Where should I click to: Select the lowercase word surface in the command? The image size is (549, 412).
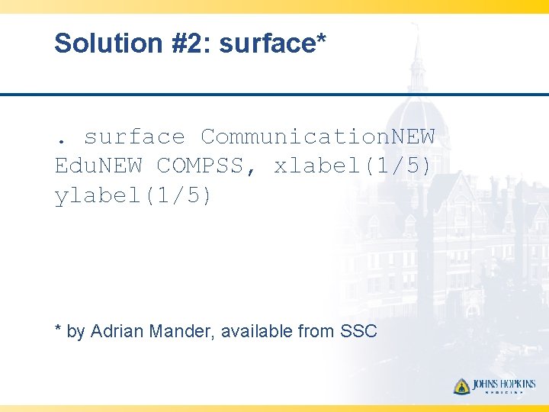[134, 137]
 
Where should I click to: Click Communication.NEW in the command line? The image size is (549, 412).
[317, 137]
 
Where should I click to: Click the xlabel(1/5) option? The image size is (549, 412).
[353, 166]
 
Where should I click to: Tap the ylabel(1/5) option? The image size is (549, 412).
[134, 196]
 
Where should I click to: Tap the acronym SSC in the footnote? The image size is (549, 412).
[358, 331]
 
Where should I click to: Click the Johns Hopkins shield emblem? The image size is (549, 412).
[461, 386]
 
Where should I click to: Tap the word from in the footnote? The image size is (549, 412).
[316, 331]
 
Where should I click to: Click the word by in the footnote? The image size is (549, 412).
[75, 332]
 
